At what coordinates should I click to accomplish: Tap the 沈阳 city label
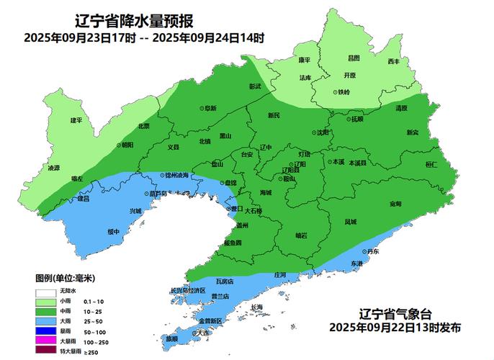click(x=320, y=132)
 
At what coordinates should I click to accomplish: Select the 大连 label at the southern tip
click(x=204, y=333)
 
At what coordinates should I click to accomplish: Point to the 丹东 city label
click(x=372, y=251)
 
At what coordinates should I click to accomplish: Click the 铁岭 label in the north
click(x=342, y=92)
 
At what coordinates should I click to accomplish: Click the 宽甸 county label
click(x=395, y=204)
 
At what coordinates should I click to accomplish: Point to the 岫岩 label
click(x=302, y=235)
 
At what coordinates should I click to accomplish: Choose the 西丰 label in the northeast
click(x=393, y=62)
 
